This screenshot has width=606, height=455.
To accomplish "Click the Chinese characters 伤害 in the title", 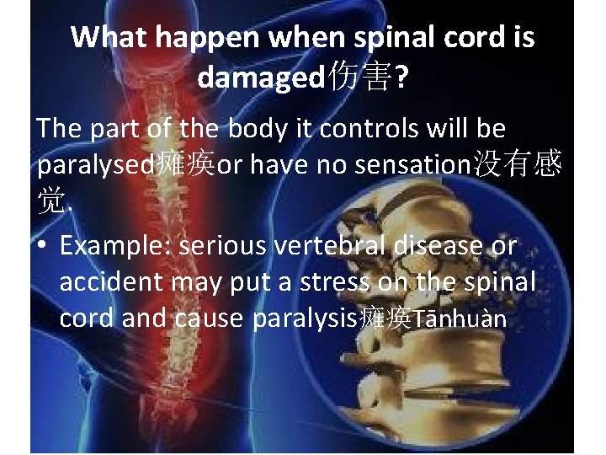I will click(359, 78).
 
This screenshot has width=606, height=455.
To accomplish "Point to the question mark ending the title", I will click(402, 78).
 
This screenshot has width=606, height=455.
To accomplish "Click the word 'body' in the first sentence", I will click(248, 129).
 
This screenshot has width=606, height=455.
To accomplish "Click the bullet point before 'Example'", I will click(42, 246).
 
